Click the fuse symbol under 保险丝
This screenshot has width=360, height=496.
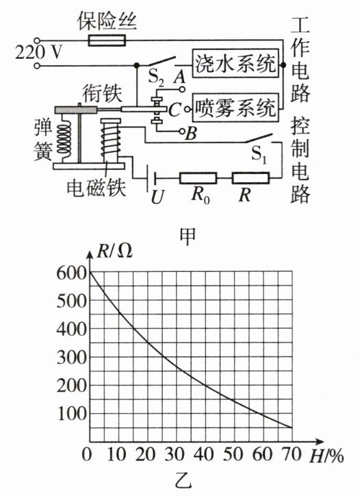coord(107,40)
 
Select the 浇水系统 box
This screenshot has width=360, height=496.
coord(235,63)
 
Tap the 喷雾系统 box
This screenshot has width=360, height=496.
coord(235,108)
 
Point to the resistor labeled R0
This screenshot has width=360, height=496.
coord(198,178)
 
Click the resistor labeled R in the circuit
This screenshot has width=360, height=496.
coord(250,178)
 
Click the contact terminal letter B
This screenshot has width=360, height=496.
coord(191,134)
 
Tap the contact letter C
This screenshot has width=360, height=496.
coord(174,110)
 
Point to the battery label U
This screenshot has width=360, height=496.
coord(157,197)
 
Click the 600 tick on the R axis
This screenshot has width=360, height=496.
coord(72,273)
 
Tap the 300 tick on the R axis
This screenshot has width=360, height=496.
coord(72,358)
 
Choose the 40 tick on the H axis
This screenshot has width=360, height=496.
coord(205,455)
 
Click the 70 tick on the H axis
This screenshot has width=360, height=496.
coord(292,455)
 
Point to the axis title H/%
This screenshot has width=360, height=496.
coord(326,456)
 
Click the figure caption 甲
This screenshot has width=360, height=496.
coord(187,236)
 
